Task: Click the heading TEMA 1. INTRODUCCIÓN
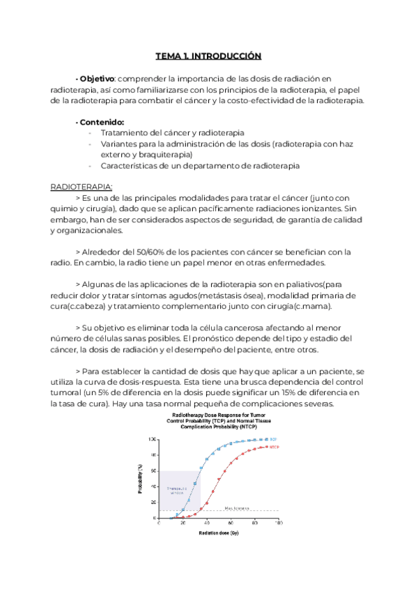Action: click(x=208, y=56)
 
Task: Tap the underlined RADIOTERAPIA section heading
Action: click(x=82, y=187)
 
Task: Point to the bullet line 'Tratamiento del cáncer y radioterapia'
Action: click(x=172, y=132)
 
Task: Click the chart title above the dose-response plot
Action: click(x=219, y=422)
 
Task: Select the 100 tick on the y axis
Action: click(x=153, y=440)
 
